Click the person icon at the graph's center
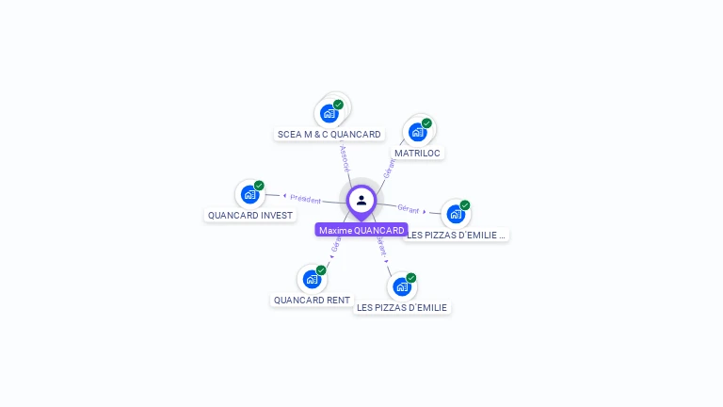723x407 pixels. (361, 200)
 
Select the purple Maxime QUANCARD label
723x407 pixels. (361, 230)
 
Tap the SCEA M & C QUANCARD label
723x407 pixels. (329, 134)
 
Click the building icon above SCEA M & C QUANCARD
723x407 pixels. (329, 113)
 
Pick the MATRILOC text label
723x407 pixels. (417, 153)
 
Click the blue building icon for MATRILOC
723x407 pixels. (417, 132)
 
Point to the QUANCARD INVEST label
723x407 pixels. (250, 215)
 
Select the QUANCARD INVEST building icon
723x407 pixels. (249, 194)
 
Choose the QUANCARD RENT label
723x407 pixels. (312, 300)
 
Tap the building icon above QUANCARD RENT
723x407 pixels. (312, 279)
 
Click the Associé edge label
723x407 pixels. (345, 157)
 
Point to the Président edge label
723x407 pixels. (306, 199)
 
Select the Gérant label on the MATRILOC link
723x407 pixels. (390, 168)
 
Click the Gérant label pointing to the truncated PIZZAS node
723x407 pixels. (409, 208)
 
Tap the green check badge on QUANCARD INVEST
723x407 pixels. (259, 186)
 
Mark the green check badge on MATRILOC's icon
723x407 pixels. (426, 123)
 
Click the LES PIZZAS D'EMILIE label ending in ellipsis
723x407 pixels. (457, 235)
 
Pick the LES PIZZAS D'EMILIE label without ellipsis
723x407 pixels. (402, 307)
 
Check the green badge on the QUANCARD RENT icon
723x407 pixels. (321, 270)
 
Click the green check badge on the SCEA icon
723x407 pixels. (338, 105)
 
